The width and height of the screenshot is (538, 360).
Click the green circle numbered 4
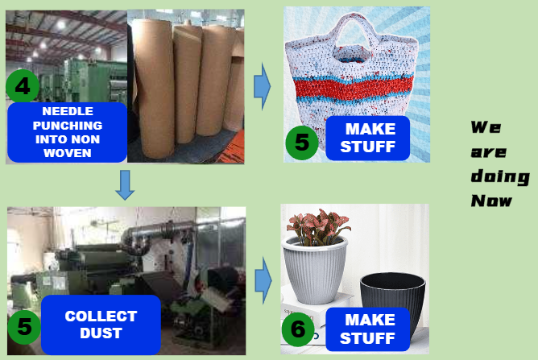click(23, 86)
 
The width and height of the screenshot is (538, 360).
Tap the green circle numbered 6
click(298, 329)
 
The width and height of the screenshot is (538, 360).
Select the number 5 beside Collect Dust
click(24, 327)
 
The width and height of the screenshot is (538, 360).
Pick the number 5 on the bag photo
click(302, 143)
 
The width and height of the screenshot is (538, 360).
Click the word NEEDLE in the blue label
click(68, 111)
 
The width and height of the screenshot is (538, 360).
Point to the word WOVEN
click(68, 153)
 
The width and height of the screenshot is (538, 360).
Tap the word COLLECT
click(101, 316)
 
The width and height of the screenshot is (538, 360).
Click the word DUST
click(101, 333)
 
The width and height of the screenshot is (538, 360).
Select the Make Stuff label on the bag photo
click(368, 138)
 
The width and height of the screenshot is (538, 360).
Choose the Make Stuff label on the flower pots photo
click(368, 329)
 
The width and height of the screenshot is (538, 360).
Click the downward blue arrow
click(125, 185)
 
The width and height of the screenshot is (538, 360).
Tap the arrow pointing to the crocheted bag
click(263, 86)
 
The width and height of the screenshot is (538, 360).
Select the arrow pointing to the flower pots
click(263, 281)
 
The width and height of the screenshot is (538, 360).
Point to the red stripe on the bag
click(354, 88)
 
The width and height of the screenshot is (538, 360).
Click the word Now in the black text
click(491, 201)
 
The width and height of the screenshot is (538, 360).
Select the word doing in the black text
click(500, 176)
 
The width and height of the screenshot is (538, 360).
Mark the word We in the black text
click(486, 127)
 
